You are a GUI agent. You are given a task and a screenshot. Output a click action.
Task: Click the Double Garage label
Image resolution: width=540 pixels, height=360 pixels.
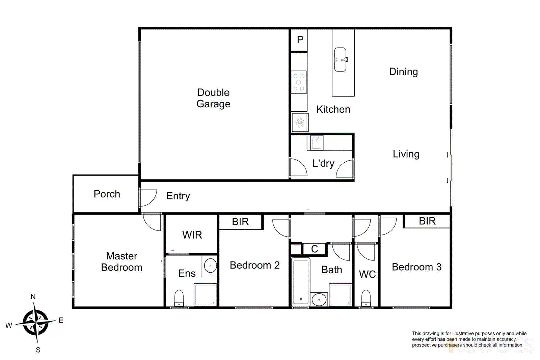(213, 98)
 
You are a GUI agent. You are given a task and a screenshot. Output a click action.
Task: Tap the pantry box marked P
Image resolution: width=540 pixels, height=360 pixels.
(300, 40)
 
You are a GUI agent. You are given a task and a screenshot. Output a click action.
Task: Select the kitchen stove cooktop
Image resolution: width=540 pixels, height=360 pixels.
(299, 82)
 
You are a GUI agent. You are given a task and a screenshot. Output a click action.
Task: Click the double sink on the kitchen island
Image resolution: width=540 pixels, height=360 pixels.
(341, 59)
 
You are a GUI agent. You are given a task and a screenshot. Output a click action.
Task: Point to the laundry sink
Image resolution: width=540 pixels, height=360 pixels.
(316, 143)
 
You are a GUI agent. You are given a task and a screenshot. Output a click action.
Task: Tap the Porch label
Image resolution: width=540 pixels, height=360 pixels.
(107, 194)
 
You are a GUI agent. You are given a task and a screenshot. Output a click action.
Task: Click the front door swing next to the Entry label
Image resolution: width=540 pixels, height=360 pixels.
(148, 197)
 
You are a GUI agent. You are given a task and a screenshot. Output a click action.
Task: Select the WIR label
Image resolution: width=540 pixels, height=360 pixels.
(192, 235)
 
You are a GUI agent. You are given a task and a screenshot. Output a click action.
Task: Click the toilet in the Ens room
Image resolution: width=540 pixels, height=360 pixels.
(179, 298)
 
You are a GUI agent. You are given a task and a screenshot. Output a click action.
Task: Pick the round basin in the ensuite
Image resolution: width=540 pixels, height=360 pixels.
(211, 266)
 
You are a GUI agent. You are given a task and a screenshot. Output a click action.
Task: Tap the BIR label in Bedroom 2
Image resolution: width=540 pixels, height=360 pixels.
(240, 222)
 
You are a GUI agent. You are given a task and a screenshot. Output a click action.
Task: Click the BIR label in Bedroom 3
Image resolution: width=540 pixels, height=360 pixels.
(427, 221)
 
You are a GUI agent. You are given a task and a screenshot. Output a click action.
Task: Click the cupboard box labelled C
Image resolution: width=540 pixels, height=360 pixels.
(314, 249)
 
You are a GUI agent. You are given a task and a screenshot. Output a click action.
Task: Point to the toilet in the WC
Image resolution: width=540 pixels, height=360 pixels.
(366, 298)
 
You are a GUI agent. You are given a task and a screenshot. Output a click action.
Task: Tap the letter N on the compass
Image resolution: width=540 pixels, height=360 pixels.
(33, 297)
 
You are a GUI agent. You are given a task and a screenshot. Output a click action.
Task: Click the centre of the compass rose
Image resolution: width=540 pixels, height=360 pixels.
(35, 322)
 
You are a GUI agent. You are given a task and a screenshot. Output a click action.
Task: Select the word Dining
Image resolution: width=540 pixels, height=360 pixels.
(403, 72)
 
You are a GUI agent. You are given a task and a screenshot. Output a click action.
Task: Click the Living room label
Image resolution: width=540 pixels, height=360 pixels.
(406, 154)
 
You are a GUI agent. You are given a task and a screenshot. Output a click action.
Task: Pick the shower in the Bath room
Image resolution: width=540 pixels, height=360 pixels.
(340, 295)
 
